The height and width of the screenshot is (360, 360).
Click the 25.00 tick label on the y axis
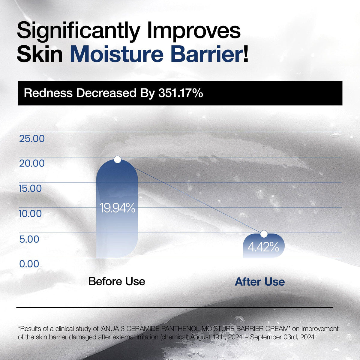(32, 139)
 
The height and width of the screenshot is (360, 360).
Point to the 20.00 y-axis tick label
(32, 163)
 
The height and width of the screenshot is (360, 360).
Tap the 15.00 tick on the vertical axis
(30, 189)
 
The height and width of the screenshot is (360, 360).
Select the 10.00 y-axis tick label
(30, 214)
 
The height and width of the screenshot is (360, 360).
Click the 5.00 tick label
(29, 239)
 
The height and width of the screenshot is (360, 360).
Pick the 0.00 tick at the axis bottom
(29, 264)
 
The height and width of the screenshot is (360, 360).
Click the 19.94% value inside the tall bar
(117, 208)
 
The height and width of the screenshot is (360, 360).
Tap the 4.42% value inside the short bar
(263, 247)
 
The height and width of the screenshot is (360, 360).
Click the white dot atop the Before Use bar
(118, 160)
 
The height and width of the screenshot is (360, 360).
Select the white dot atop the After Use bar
(264, 234)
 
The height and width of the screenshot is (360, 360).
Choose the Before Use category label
(117, 281)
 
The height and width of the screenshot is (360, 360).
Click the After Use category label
(260, 282)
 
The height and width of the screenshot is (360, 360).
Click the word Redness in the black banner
(48, 93)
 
